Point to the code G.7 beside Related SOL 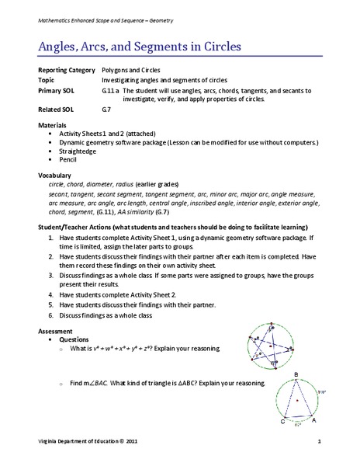tap(107, 110)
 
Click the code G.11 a tap(111, 90)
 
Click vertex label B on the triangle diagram tap(296, 374)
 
